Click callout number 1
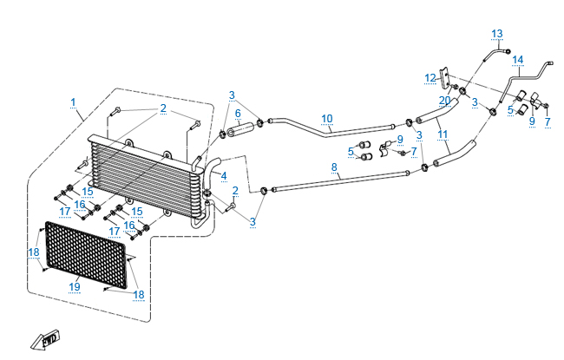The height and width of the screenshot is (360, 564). coord(74,102)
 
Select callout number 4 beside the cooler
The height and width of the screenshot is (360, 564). coord(223,176)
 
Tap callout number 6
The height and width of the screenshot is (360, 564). coord(237,114)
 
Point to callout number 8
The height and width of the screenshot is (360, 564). coord(334,166)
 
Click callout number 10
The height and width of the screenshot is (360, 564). coord(326,118)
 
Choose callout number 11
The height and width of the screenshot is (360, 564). coord(443,134)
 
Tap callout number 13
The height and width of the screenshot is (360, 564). coord(497,34)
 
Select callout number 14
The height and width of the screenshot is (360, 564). coord(518,60)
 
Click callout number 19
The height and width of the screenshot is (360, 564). coord(75,286)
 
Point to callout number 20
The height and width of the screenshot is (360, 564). coord(445,101)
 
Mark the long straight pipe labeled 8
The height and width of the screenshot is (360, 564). coord(347,178)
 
